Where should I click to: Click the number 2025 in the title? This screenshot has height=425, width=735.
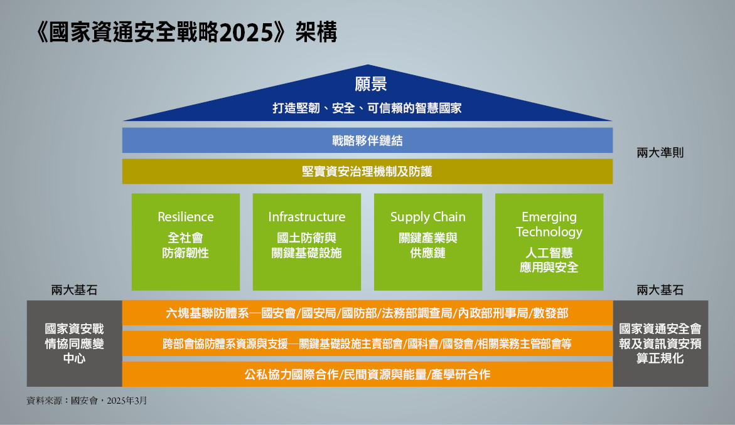247,33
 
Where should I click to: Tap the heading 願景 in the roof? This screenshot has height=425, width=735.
370,84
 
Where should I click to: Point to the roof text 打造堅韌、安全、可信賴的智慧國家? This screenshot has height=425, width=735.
368,108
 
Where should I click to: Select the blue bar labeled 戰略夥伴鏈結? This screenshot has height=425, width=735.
368,140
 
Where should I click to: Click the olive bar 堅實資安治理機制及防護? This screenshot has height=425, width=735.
368,171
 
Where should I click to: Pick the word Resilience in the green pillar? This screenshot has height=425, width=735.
186,217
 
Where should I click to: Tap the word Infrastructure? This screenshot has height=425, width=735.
306,217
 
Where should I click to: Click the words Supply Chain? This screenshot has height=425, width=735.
428,217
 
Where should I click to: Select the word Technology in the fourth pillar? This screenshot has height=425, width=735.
549,232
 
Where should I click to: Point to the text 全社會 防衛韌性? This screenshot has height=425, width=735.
186,245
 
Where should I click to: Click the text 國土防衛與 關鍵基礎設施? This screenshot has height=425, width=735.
306,245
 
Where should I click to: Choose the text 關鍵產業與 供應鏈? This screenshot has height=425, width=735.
428,245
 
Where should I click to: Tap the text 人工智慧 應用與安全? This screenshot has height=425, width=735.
549,260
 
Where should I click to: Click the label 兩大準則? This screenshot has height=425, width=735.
660,152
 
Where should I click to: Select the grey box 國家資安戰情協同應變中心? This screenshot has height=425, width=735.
75,344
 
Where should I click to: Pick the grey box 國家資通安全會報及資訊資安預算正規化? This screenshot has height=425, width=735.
660,344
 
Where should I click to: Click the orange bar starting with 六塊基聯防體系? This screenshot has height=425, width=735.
368,313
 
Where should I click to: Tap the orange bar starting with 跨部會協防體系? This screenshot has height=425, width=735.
368,344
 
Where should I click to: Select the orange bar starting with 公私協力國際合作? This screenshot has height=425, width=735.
368,374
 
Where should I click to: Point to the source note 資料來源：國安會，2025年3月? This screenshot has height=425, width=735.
87,401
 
